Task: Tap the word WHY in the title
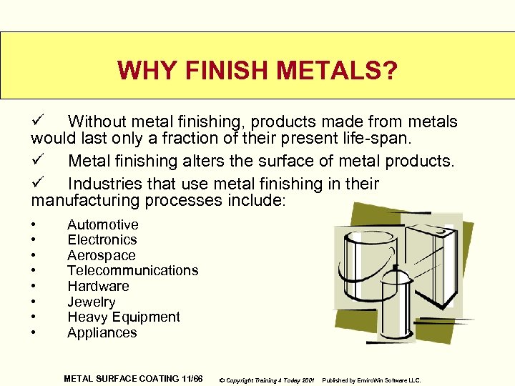147,71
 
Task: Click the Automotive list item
102,224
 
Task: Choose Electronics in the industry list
102,240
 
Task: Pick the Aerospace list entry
101,255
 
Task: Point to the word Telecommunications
132,271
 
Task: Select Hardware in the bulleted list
98,286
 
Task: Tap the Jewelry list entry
91,302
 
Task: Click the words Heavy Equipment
123,317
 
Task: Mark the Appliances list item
102,332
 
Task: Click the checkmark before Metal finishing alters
39,159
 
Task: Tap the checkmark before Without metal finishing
39,121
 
